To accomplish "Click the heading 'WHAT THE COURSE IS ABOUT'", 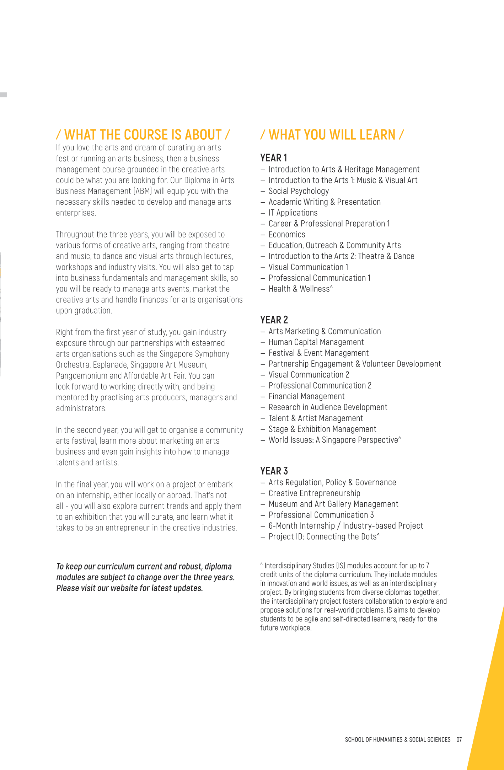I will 143,135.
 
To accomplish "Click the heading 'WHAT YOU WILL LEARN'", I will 332,135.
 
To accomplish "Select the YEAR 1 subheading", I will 273,158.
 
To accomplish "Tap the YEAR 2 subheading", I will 274,320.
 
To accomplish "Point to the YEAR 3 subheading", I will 274,471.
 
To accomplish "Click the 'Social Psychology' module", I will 299,191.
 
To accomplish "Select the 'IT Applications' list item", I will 293,213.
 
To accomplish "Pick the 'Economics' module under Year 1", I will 287,235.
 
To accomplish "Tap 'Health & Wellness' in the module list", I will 300,289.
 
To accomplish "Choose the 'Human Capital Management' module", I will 316,342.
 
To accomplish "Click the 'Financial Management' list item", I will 306,396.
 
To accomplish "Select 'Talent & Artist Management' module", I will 316,418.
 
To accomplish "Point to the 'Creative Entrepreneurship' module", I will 314,493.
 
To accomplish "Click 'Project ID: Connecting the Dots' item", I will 324,537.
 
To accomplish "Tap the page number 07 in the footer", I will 459,739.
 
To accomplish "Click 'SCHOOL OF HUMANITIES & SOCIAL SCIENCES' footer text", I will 397,739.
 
